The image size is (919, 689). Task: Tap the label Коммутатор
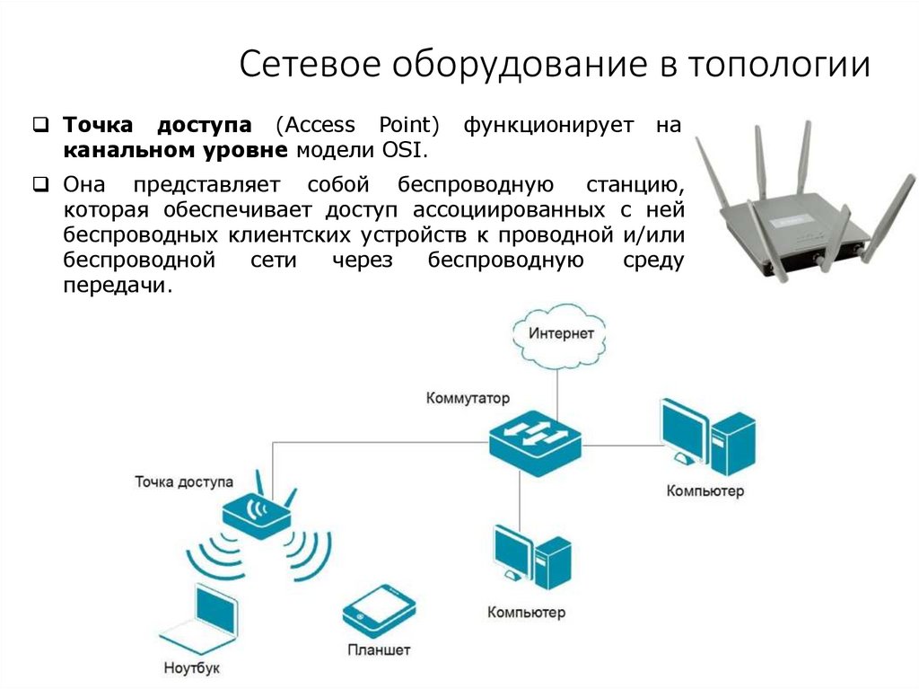(x=468, y=397)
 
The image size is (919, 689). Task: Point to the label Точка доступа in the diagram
(x=184, y=481)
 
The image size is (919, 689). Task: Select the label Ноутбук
(x=192, y=668)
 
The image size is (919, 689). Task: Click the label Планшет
(x=380, y=649)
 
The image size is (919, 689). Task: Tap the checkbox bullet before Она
(x=40, y=185)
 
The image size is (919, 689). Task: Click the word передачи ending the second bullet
(x=116, y=286)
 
